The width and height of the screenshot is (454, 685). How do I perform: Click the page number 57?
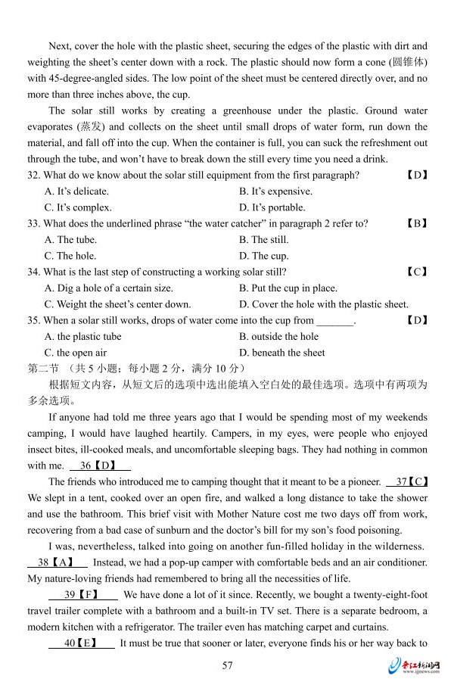tap(227, 665)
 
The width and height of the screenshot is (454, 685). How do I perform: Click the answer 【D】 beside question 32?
tap(417, 175)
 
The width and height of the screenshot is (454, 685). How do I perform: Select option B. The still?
tap(263, 240)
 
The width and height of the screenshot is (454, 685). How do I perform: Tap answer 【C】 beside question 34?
tap(417, 272)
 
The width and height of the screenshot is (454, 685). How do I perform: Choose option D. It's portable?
tap(272, 207)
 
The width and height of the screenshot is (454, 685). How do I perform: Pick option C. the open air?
tap(76, 353)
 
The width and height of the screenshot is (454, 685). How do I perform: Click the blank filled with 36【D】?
tap(100, 465)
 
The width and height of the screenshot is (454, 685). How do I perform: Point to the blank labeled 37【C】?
tap(407, 481)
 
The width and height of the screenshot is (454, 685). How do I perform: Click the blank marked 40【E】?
tap(82, 643)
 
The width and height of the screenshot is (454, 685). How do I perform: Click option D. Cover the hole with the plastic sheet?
tap(323, 304)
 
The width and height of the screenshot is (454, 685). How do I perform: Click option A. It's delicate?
tap(76, 191)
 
